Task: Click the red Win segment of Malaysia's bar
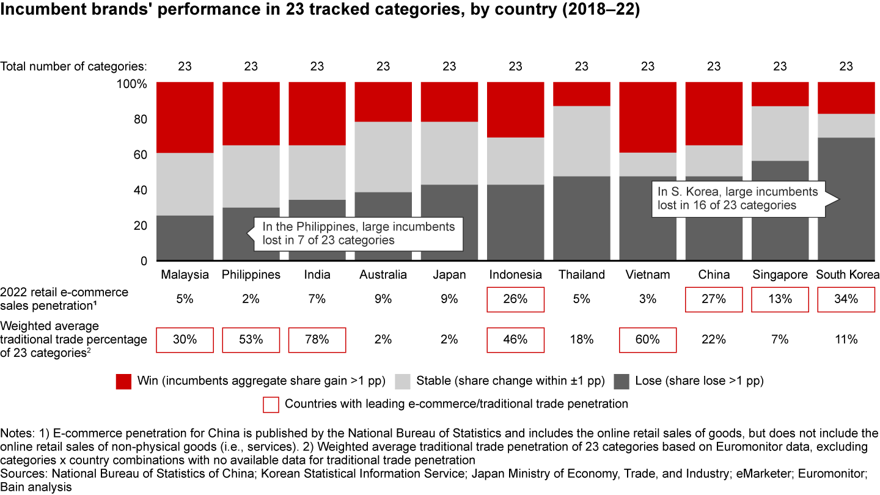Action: point(185,117)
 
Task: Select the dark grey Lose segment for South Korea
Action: point(846,232)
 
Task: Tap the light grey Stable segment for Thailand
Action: point(581,141)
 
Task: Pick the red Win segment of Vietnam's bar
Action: point(648,117)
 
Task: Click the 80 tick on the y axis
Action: point(140,119)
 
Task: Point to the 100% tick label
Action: point(131,84)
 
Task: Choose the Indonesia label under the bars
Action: point(515,274)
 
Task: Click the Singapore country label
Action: point(780,274)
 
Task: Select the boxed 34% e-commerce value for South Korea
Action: point(846,299)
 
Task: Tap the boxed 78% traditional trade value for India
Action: point(317,340)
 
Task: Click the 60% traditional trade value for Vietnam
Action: point(648,340)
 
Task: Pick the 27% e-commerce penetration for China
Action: point(714,299)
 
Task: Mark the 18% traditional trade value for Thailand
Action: point(581,340)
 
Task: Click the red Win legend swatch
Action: point(124,381)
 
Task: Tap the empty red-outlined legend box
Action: point(271,404)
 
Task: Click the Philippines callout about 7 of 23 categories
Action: point(358,233)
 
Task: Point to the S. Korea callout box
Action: point(738,198)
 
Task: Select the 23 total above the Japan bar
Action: point(449,66)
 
